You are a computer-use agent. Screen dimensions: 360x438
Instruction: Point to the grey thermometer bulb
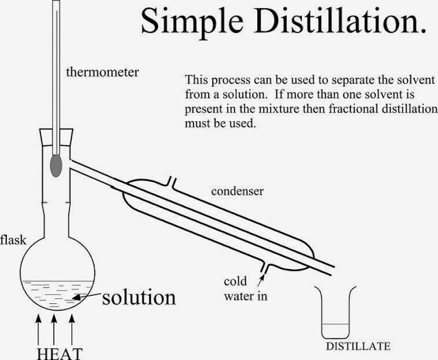pyautogui.click(x=56, y=165)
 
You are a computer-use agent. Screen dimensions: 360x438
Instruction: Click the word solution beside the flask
pyautogui.click(x=140, y=298)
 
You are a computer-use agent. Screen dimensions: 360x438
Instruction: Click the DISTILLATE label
pyautogui.click(x=368, y=345)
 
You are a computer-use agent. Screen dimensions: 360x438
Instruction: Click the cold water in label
pyautogui.click(x=245, y=289)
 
